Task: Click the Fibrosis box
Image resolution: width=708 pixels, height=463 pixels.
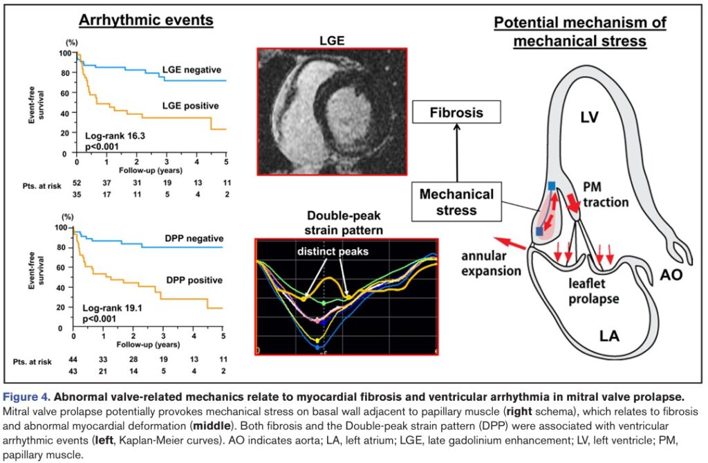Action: pyautogui.click(x=456, y=112)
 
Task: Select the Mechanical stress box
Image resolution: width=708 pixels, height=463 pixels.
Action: pyautogui.click(x=456, y=201)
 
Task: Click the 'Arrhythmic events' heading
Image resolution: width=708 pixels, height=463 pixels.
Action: pyautogui.click(x=146, y=20)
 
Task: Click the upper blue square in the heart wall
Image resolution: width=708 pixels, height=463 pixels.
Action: pyautogui.click(x=552, y=185)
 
